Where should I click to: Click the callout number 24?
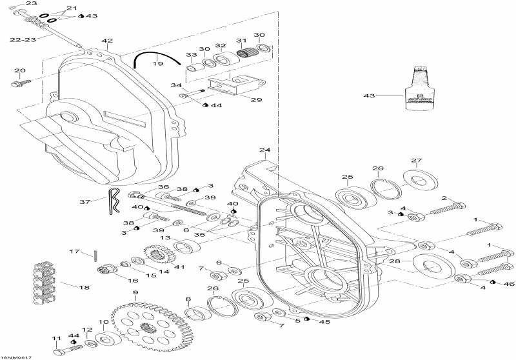pos(264,151)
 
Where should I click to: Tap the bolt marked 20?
pos(21,83)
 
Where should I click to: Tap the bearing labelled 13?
pos(188,246)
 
